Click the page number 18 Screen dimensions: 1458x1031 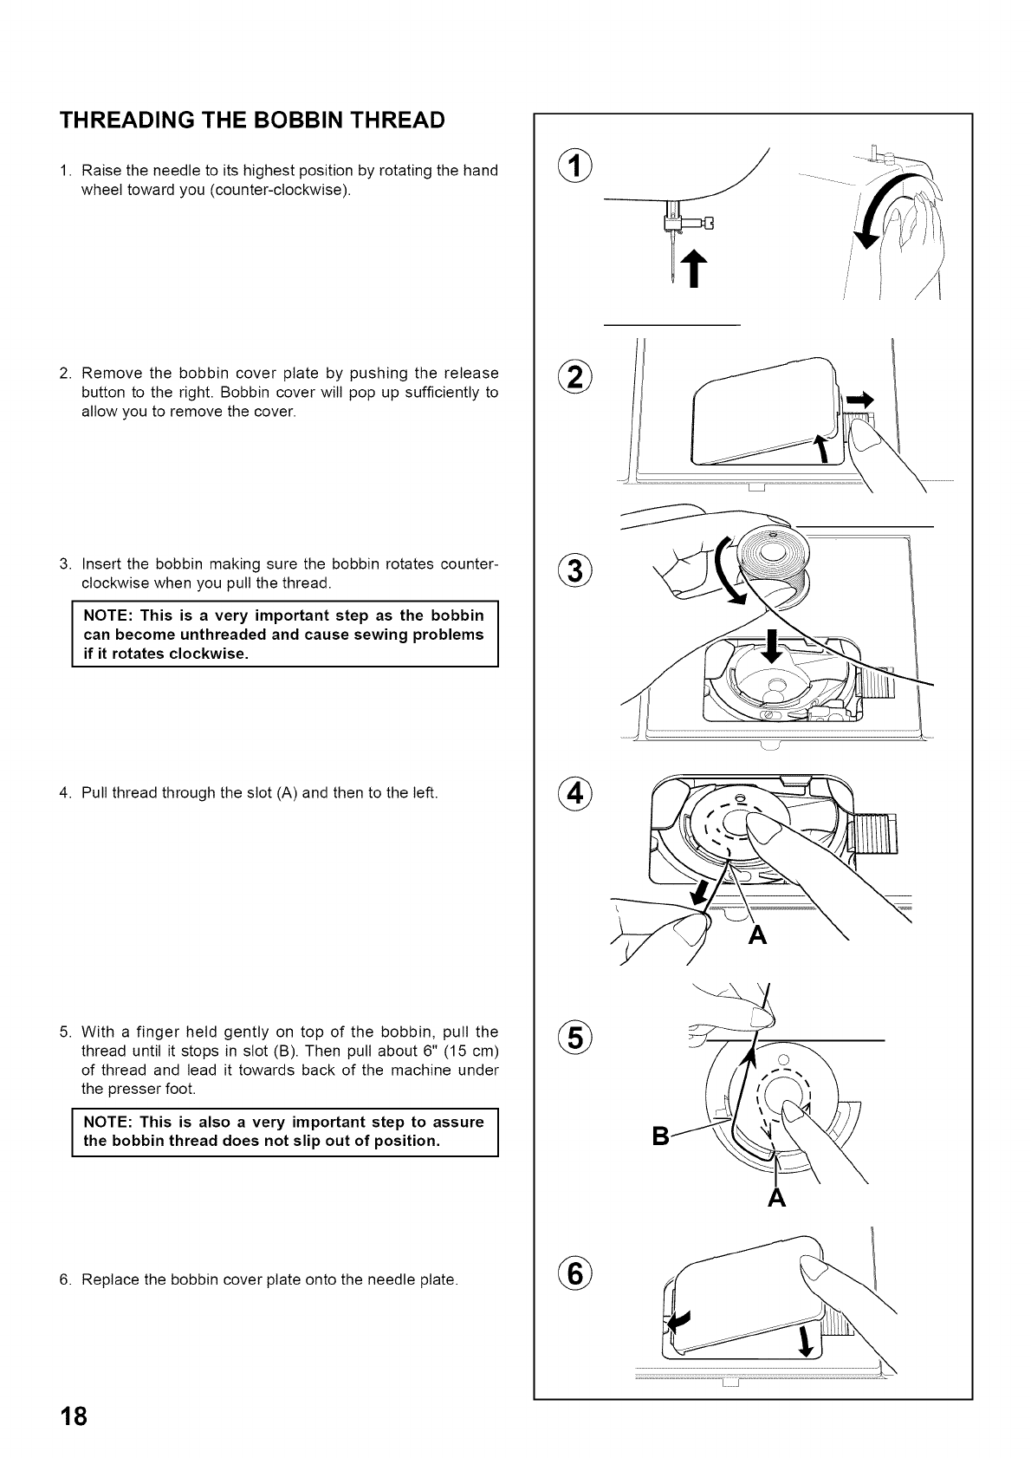[74, 1417]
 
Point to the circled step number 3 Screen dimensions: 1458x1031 [572, 573]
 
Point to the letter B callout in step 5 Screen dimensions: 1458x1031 [660, 1136]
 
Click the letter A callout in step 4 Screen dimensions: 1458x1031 [757, 935]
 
